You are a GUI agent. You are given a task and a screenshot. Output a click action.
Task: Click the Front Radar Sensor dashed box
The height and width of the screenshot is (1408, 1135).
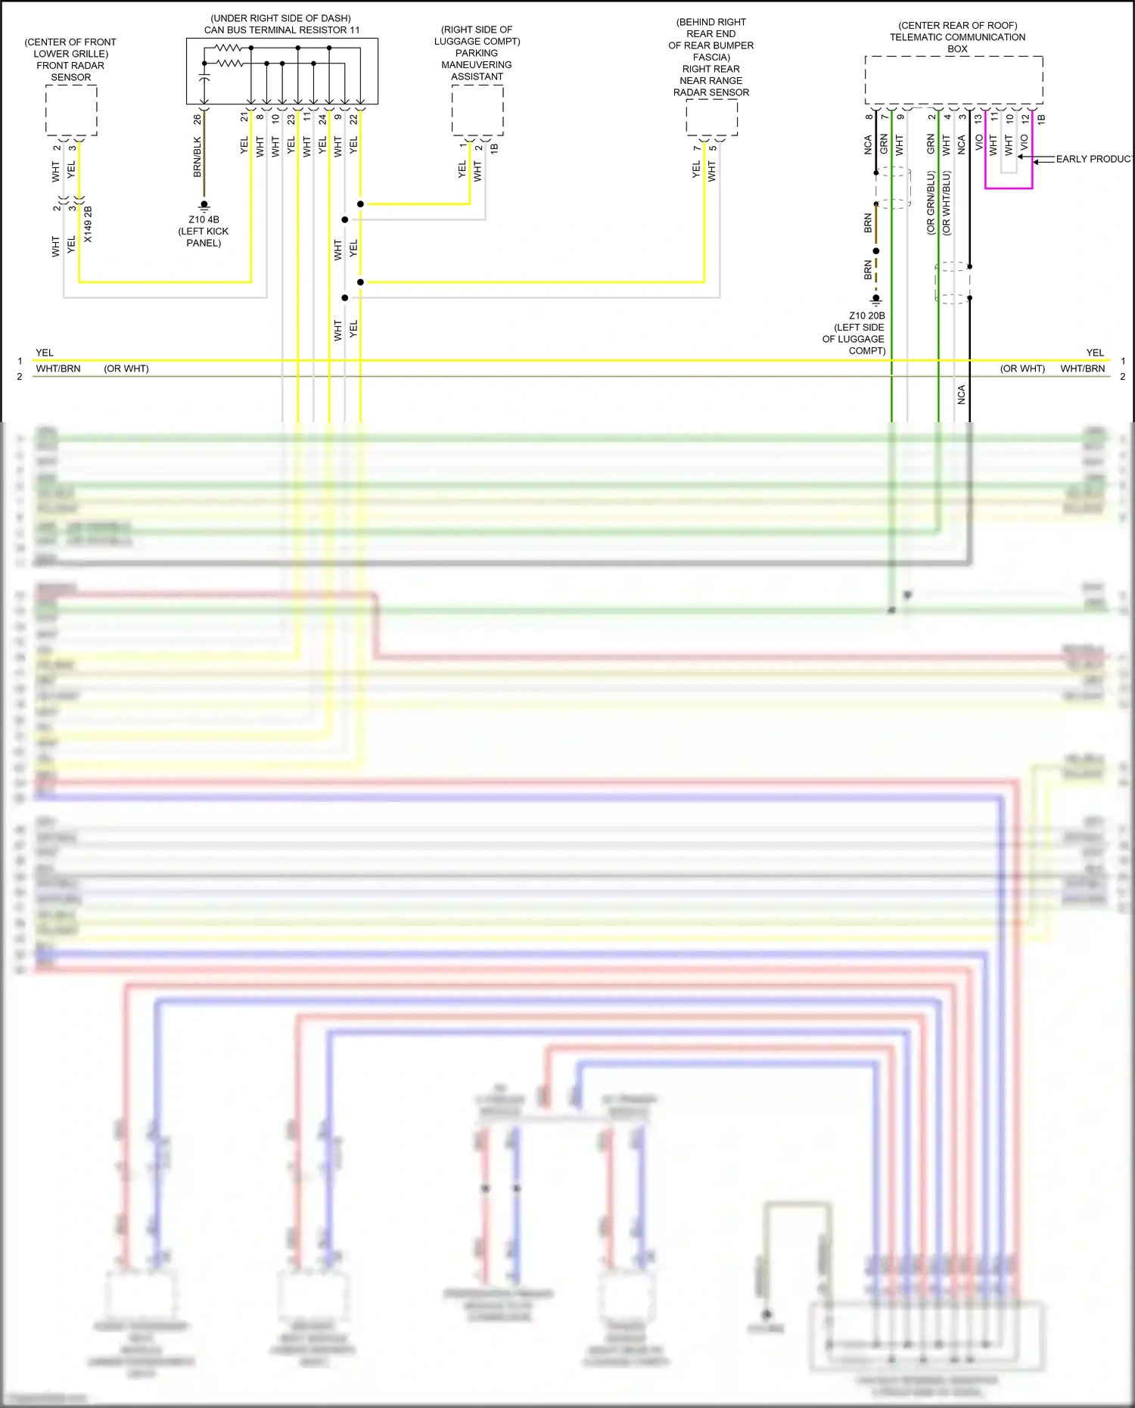click(71, 110)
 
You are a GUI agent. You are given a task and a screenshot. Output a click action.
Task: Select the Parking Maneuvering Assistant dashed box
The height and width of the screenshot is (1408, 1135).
click(477, 110)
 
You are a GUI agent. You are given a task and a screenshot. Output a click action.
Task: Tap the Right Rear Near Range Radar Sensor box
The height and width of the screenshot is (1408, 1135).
click(711, 118)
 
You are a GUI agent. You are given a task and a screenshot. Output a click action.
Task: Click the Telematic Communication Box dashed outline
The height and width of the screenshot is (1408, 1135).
click(953, 79)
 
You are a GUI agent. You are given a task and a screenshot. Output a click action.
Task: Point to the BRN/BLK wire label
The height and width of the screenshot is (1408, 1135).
click(197, 157)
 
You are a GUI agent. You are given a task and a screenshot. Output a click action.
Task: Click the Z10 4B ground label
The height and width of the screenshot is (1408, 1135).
click(204, 219)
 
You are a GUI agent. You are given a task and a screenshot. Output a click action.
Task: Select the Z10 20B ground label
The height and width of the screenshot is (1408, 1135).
click(866, 315)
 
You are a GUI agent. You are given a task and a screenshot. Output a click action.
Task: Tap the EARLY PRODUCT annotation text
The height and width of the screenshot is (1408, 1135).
click(1094, 159)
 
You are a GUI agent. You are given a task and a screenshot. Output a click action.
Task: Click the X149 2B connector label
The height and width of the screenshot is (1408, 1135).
click(88, 224)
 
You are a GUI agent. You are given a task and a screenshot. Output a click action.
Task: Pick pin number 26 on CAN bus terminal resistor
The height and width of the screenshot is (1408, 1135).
click(197, 119)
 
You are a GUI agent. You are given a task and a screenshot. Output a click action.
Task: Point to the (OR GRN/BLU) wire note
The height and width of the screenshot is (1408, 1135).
click(931, 203)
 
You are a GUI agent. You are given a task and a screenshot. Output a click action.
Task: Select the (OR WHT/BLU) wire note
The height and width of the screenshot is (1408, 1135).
click(947, 203)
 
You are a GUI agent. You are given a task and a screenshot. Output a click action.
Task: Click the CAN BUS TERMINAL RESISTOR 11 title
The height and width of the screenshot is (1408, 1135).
click(281, 30)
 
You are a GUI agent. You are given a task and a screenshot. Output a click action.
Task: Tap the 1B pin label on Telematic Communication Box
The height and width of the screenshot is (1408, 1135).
click(1041, 119)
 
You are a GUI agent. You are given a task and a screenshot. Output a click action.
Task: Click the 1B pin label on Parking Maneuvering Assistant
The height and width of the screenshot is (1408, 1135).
click(494, 148)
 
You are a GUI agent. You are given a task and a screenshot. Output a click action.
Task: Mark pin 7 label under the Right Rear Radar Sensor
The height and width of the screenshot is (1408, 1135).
click(696, 148)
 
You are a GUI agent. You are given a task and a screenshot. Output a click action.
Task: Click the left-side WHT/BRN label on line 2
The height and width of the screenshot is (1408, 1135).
click(58, 368)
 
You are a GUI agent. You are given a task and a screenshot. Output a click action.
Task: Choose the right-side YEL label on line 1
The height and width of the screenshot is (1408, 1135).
click(1095, 353)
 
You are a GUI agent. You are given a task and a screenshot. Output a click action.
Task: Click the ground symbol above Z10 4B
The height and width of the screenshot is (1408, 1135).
click(204, 205)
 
